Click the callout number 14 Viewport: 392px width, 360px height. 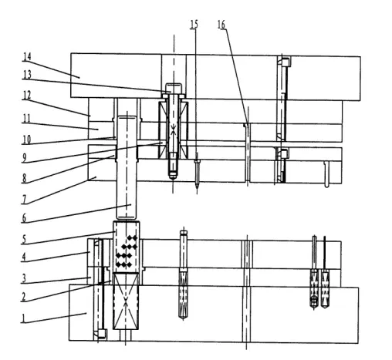[x=27, y=57]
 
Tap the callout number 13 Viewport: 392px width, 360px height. [x=27, y=75]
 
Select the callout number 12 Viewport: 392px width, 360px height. [x=27, y=96]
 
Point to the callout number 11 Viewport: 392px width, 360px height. [x=27, y=119]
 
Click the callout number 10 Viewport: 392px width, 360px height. [x=26, y=140]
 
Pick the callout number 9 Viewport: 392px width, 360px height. [x=24, y=158]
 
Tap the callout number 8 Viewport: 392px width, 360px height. [x=24, y=178]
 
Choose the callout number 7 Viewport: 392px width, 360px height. [x=24, y=200]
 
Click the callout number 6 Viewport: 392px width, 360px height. [x=24, y=218]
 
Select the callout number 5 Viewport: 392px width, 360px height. [x=24, y=240]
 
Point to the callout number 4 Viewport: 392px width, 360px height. [x=24, y=257]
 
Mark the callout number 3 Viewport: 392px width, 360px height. [x=24, y=278]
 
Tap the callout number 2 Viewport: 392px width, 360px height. [x=24, y=297]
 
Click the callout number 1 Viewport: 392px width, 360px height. [x=23, y=318]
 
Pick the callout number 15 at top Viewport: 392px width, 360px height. [x=194, y=25]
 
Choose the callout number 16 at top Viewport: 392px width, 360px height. [x=221, y=25]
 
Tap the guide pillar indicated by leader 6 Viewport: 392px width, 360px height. [x=127, y=167]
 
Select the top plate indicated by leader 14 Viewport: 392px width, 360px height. [x=215, y=77]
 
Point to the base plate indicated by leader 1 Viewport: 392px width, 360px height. [x=214, y=314]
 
